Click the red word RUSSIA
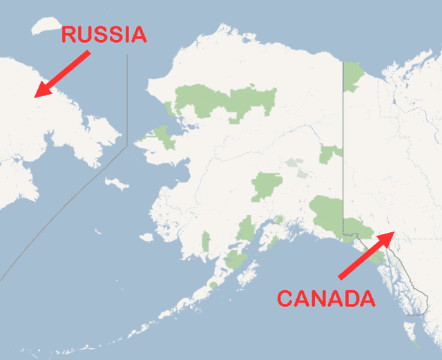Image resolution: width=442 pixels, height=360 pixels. pos(104,35)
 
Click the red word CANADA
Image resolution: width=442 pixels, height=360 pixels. pos(326,299)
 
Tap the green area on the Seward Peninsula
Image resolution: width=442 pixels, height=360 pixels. pos(164,136)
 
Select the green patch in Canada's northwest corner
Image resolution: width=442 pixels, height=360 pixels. pos(354,75)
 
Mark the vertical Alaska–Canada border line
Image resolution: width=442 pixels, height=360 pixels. pos(343,138)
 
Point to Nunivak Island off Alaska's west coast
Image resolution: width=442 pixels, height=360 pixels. pos(146,237)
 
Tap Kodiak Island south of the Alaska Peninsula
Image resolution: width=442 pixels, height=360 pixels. pos(235,260)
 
